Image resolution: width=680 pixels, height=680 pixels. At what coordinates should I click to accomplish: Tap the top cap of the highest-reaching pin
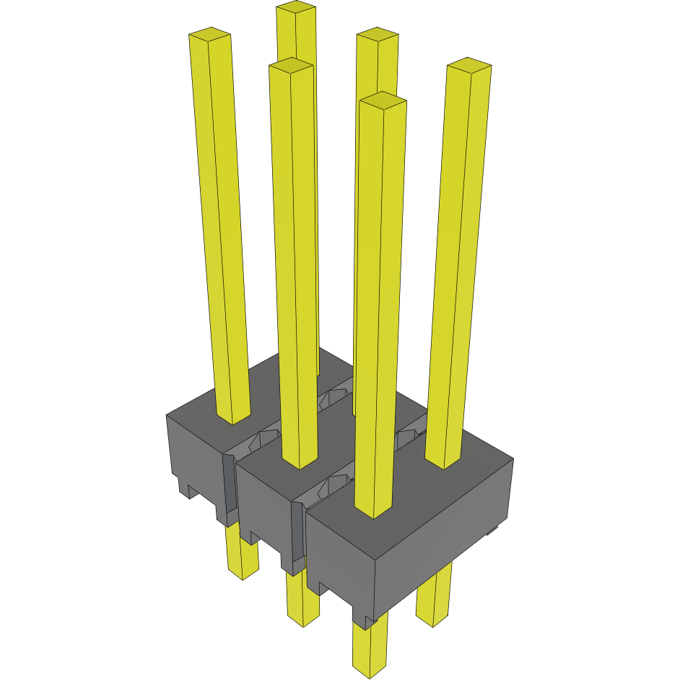click(296, 6)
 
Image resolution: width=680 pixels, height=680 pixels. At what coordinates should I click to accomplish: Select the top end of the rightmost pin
click(469, 66)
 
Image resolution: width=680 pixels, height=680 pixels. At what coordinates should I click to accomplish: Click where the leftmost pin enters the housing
click(233, 417)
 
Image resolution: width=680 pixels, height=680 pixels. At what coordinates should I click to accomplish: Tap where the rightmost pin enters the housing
click(443, 461)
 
